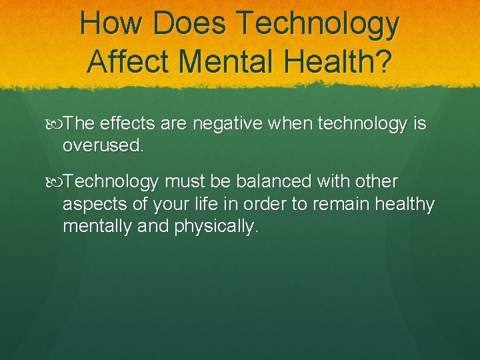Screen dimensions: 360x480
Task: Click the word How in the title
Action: pyautogui.click(x=111, y=24)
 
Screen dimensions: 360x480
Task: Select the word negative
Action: pyautogui.click(x=233, y=124)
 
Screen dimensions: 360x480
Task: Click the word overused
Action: pyautogui.click(x=103, y=145)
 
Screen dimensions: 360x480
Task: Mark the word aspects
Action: pyautogui.click(x=94, y=205)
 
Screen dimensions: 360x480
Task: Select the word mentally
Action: pyautogui.click(x=97, y=227)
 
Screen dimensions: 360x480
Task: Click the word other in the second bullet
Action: pyautogui.click(x=377, y=181)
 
